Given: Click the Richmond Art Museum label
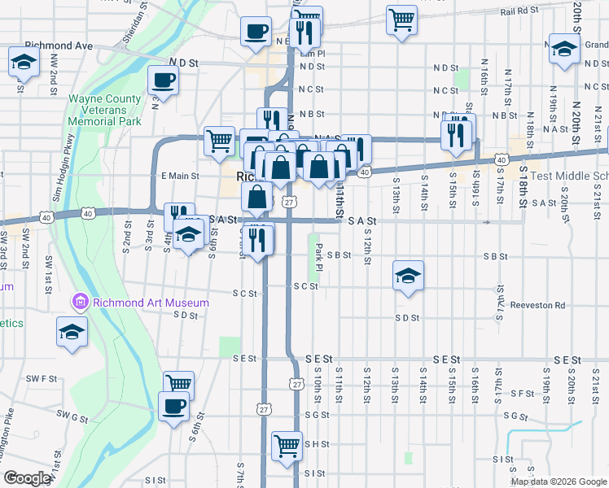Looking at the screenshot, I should pos(151,303).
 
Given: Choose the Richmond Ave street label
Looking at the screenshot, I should pos(59,46).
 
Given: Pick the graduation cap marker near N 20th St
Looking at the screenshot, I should pos(564,50).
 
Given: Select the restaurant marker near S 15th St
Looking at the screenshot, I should pos(458,132).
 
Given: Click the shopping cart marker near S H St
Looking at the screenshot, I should pos(286,445).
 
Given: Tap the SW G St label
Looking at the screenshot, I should pos(72,416).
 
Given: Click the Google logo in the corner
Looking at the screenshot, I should pos(27,478).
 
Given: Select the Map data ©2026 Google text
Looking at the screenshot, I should pos(558,481).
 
